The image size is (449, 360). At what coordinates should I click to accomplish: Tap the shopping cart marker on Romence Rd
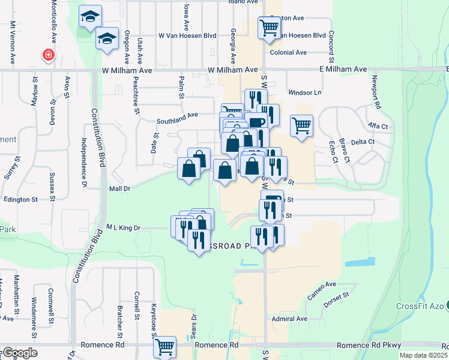(164, 346)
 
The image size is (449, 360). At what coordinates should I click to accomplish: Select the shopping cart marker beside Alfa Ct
(301, 125)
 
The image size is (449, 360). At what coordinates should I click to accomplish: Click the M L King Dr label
(123, 227)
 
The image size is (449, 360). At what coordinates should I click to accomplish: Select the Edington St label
(20, 199)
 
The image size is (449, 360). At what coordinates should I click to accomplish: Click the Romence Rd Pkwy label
(367, 346)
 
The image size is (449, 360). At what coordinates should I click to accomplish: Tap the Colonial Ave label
(289, 53)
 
